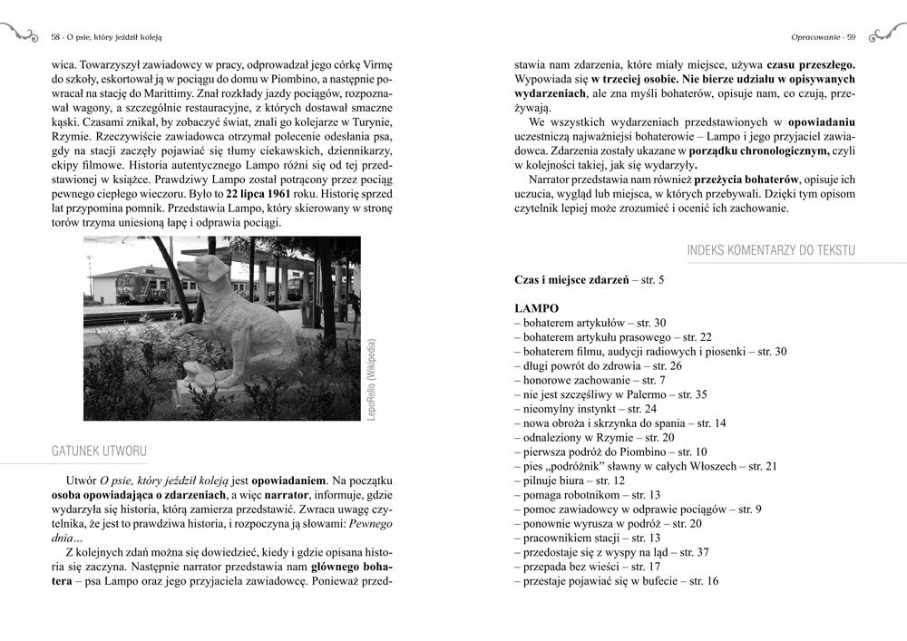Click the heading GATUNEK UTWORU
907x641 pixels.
coord(100,451)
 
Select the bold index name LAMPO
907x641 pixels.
coord(536,308)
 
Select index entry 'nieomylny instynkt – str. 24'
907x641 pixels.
coord(585,409)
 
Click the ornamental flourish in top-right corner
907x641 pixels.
coord(886,34)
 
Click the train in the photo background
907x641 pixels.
coord(150,284)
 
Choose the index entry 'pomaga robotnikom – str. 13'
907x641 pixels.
coord(587,494)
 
